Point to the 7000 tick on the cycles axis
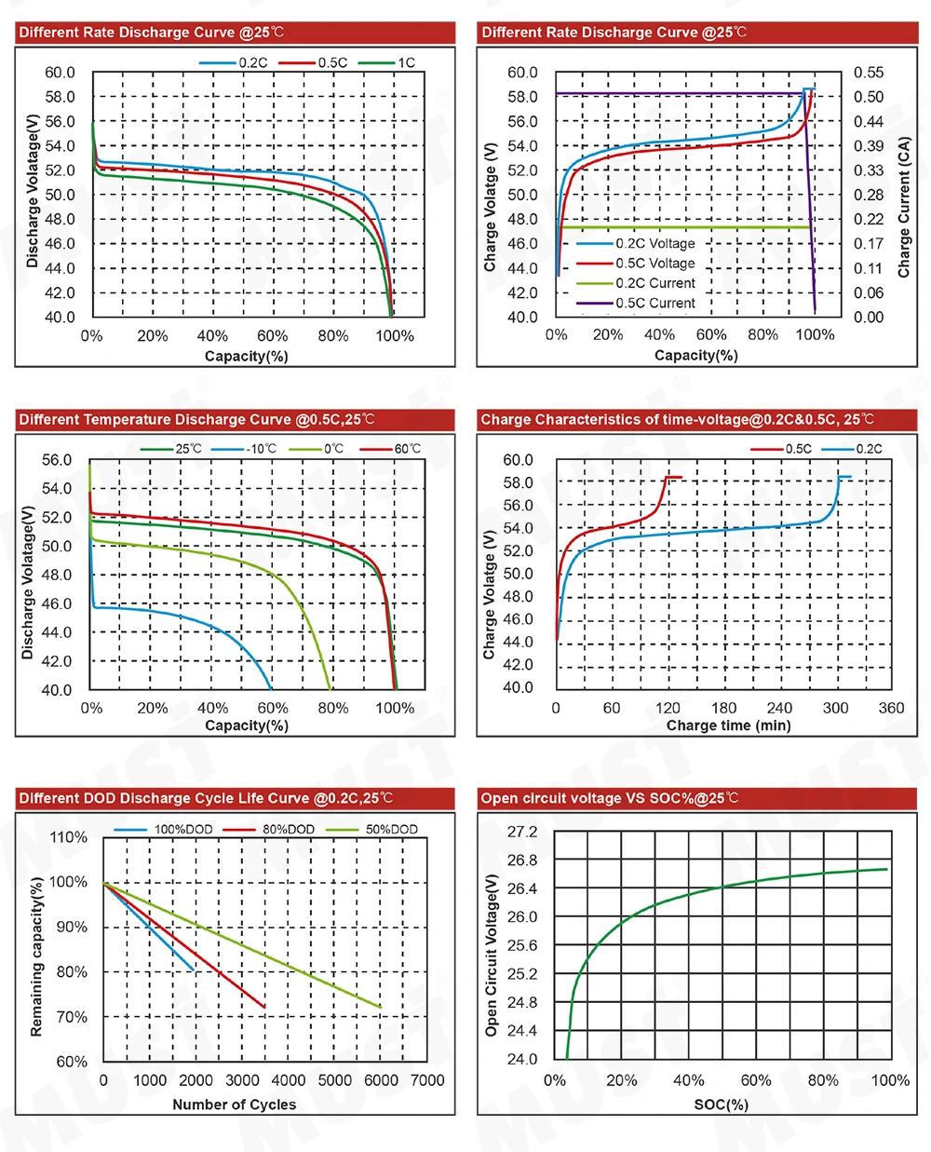coord(427,1080)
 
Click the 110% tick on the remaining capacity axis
coord(68,837)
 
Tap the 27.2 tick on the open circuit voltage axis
coord(522,832)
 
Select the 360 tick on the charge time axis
coord(891,708)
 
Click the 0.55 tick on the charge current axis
coord(869,73)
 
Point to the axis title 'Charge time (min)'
coord(728,725)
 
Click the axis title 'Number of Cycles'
coord(234,1105)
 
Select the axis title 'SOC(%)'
coord(721,1105)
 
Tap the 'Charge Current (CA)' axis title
coord(903,207)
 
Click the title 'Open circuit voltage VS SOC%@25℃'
coord(610,798)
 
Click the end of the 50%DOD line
coord(381,1007)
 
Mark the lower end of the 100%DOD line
coord(194,970)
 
